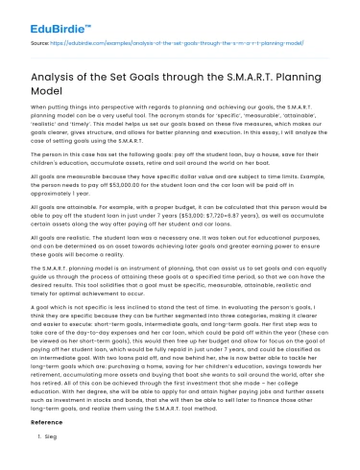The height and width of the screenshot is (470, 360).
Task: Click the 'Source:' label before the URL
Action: point(41,44)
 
